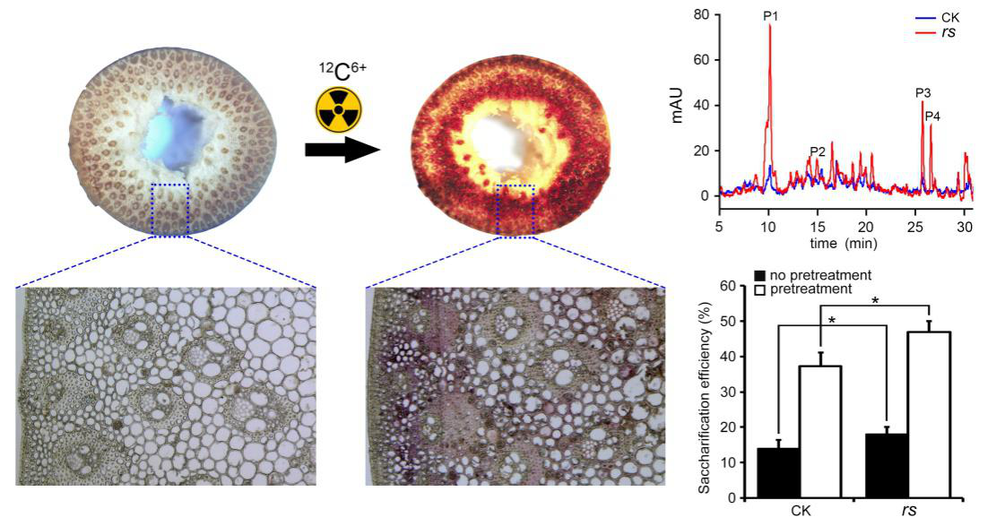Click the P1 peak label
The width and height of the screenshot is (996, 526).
coord(770,16)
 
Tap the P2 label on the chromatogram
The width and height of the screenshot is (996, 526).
coord(817,151)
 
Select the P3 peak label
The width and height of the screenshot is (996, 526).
coord(922,92)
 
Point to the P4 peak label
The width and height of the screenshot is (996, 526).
coord(932,116)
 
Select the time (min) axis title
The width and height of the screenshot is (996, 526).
coord(843,243)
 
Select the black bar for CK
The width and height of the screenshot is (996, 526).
coord(779,472)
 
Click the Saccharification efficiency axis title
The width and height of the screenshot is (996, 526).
coord(706,391)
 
